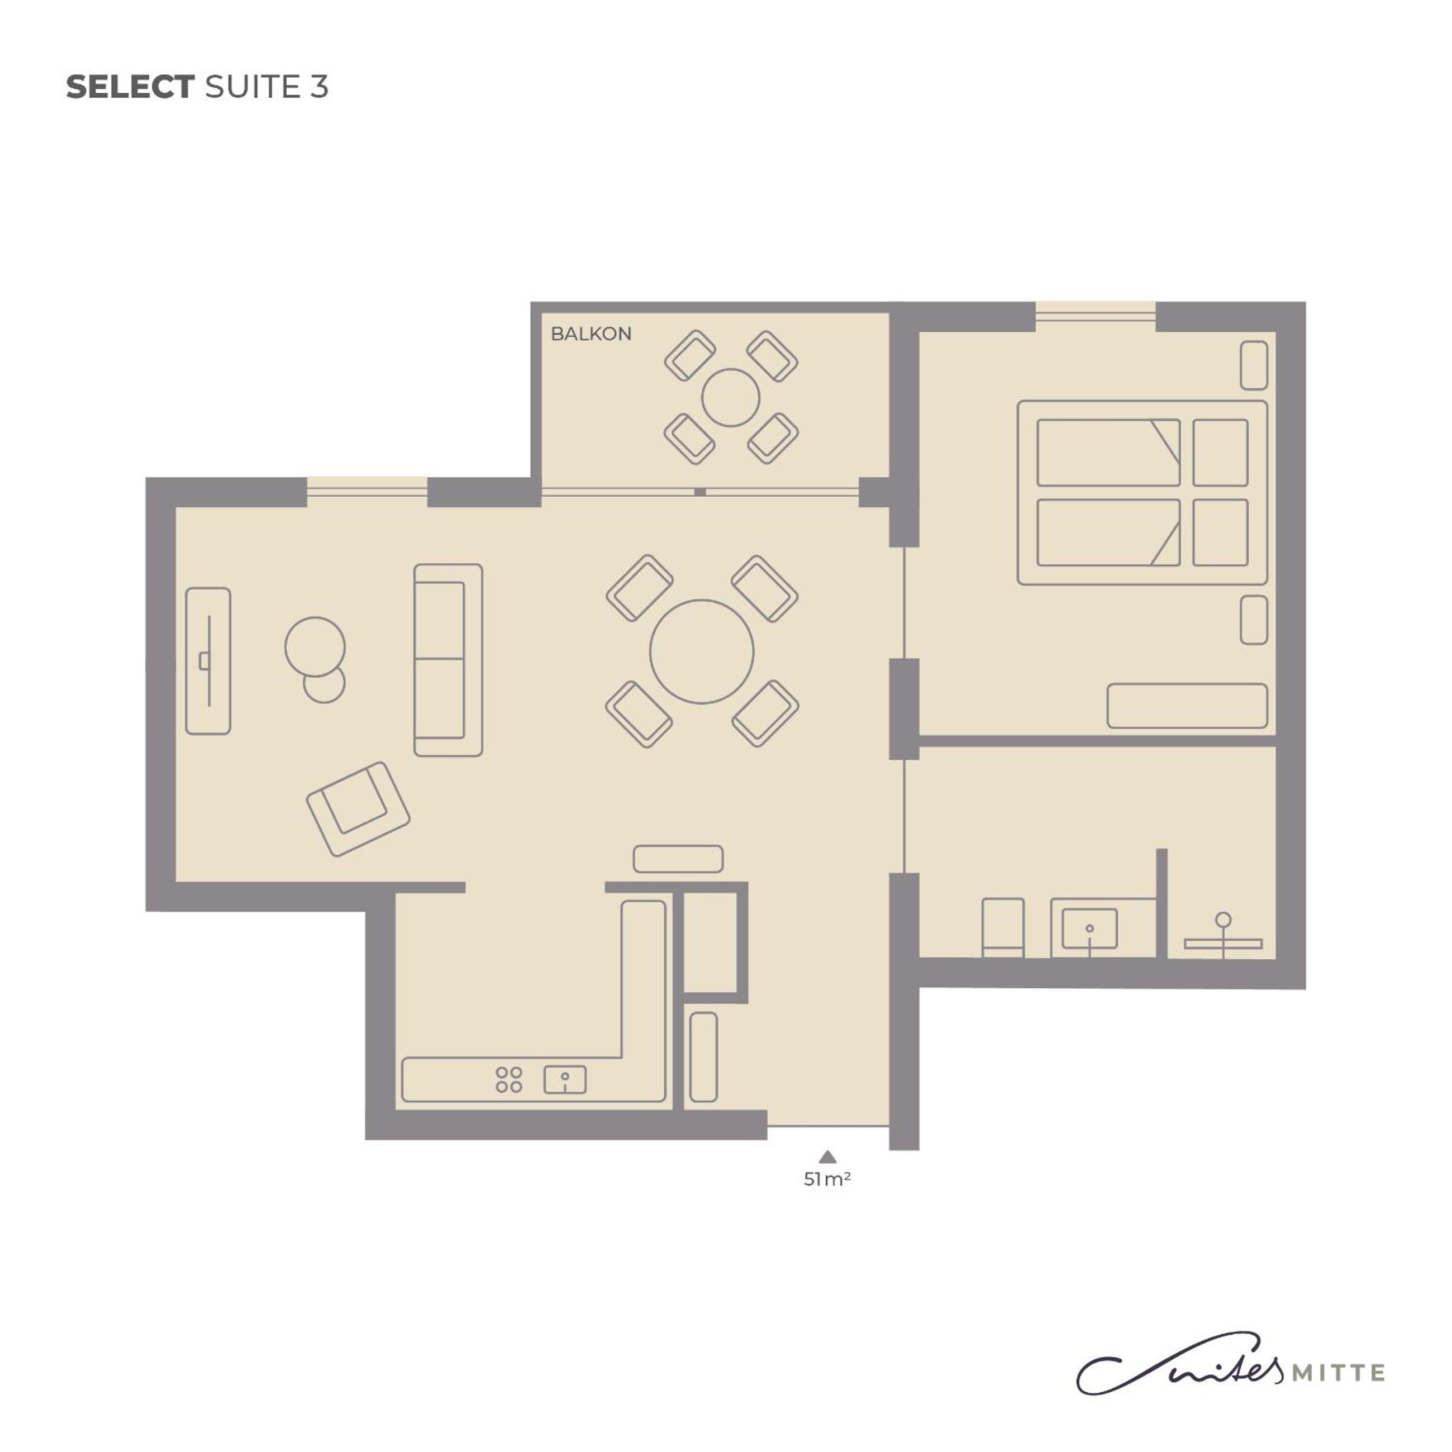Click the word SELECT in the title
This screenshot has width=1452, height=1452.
click(x=130, y=87)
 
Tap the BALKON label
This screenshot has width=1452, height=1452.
click(x=591, y=334)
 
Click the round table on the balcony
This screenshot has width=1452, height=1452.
click(x=731, y=398)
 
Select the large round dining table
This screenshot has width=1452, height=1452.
click(x=701, y=651)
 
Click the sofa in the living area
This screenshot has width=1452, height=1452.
click(x=448, y=660)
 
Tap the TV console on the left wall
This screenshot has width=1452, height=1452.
click(x=208, y=660)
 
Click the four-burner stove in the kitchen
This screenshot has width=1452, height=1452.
click(x=509, y=1080)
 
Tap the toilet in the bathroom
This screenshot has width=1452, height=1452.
click(x=1003, y=927)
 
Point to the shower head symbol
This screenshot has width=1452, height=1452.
click(x=1224, y=919)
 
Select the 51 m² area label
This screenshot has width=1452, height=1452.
click(x=827, y=1180)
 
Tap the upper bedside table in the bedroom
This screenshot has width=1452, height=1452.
click(x=1254, y=365)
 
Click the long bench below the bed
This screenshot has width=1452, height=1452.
click(x=1187, y=706)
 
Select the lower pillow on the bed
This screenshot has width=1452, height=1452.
click(x=1221, y=532)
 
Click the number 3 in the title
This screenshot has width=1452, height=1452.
click(x=318, y=87)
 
